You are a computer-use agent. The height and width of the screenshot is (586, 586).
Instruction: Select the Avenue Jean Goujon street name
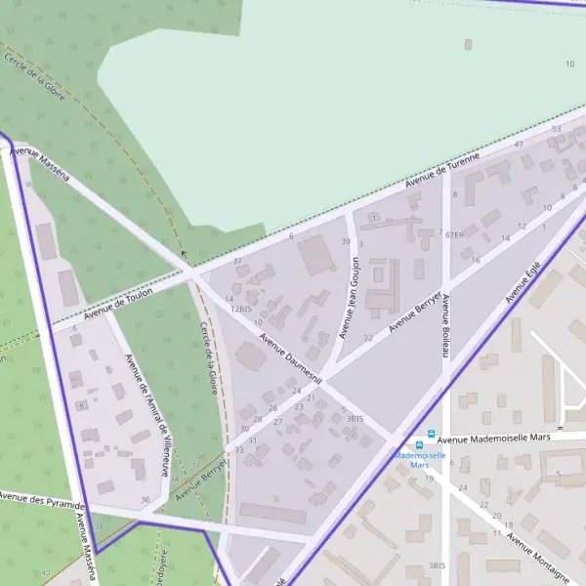pos(350,298)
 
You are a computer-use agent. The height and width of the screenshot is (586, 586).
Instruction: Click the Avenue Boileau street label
pos(444,325)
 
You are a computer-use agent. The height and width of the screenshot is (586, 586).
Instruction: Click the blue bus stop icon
pos(430,441)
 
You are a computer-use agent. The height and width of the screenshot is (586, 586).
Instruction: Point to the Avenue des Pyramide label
pos(41,501)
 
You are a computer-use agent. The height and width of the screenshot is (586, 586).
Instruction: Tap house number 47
pos(519,145)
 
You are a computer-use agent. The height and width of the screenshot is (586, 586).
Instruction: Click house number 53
pos(557,129)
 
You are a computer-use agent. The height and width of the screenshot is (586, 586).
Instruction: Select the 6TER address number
pos(454,235)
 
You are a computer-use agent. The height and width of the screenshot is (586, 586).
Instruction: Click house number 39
pos(345,241)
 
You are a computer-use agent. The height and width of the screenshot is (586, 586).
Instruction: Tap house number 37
pos(237,262)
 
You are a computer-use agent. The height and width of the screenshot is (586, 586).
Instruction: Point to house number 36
pos(146,500)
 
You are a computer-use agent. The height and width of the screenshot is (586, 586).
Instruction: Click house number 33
pos(239,449)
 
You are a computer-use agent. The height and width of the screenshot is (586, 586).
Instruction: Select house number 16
pos(476,261)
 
